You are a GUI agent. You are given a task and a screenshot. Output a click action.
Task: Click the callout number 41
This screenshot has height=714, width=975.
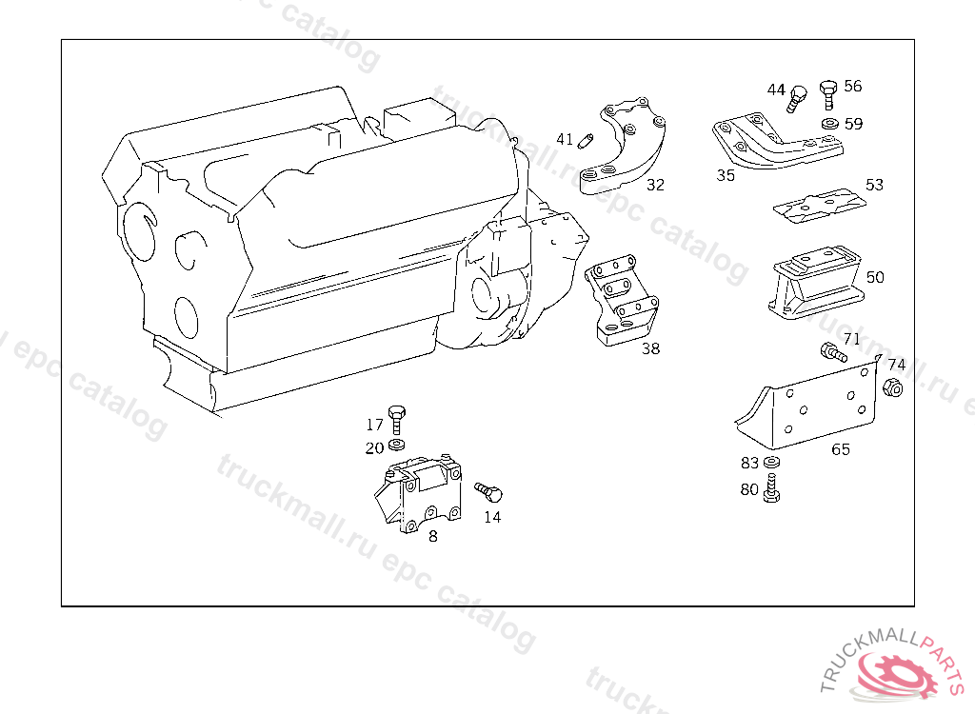click(565, 139)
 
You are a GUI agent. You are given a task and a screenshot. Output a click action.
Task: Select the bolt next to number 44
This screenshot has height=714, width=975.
click(796, 99)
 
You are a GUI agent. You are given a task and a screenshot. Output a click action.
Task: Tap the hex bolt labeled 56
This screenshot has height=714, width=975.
click(828, 94)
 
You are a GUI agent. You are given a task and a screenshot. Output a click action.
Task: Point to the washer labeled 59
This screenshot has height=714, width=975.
click(830, 123)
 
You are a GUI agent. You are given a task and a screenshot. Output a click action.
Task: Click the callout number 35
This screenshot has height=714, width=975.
click(726, 175)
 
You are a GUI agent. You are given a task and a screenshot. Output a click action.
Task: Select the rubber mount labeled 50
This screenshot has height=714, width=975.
click(816, 283)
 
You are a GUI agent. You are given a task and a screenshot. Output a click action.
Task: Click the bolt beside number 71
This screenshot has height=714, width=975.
click(833, 352)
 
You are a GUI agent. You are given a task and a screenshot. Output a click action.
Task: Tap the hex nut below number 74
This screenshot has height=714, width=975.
click(893, 388)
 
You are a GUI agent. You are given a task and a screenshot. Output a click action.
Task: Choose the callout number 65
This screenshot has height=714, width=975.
click(841, 449)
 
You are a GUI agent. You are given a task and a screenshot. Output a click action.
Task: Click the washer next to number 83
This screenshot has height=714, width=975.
click(771, 462)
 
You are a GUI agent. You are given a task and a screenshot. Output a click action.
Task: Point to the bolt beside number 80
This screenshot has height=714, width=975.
click(771, 487)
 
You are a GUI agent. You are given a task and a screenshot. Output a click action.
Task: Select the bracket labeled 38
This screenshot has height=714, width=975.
click(622, 299)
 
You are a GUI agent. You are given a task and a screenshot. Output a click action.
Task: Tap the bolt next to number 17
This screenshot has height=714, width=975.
click(396, 420)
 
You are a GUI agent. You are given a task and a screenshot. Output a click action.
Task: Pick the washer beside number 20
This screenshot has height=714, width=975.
click(396, 445)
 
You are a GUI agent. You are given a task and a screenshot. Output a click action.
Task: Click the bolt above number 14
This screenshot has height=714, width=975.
click(488, 492)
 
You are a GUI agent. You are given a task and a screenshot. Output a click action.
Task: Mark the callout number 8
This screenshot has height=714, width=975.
click(433, 536)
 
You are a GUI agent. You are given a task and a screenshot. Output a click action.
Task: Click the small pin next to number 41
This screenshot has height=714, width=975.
click(586, 141)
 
